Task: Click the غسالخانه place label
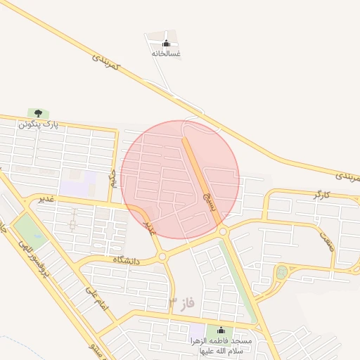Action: pos(166,53)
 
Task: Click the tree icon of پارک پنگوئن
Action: pos(38,113)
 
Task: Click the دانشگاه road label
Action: pos(127,260)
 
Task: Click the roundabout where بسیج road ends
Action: pos(223,231)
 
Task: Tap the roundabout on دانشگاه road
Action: pos(163,257)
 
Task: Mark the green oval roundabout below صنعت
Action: pos(281,271)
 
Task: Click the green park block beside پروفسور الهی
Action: pos(29,231)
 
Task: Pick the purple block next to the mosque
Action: pos(198,330)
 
